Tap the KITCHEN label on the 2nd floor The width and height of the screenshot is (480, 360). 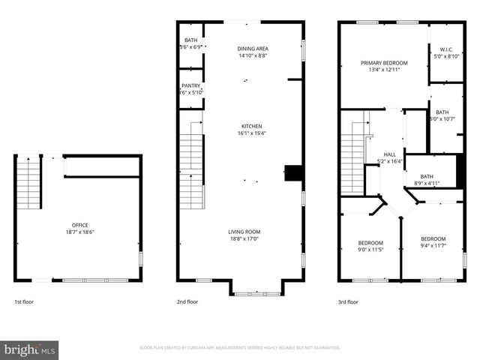click(x=251, y=126)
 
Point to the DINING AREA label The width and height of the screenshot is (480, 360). click(x=252, y=47)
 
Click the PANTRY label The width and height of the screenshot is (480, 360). click(x=191, y=85)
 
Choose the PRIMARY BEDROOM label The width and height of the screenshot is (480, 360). click(x=384, y=63)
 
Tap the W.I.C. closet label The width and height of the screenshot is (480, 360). click(x=445, y=49)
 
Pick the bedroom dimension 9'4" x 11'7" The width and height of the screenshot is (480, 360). click(x=433, y=245)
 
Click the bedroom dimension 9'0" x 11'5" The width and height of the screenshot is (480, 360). click(x=370, y=250)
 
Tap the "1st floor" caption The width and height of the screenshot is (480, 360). click(x=24, y=302)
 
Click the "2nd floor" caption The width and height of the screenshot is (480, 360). click(x=187, y=302)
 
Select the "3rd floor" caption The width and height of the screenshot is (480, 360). click(x=348, y=302)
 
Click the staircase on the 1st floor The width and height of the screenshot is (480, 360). click(x=28, y=184)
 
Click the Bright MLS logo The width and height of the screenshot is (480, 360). click(x=30, y=349)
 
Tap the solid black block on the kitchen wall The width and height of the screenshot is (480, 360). click(x=296, y=173)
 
